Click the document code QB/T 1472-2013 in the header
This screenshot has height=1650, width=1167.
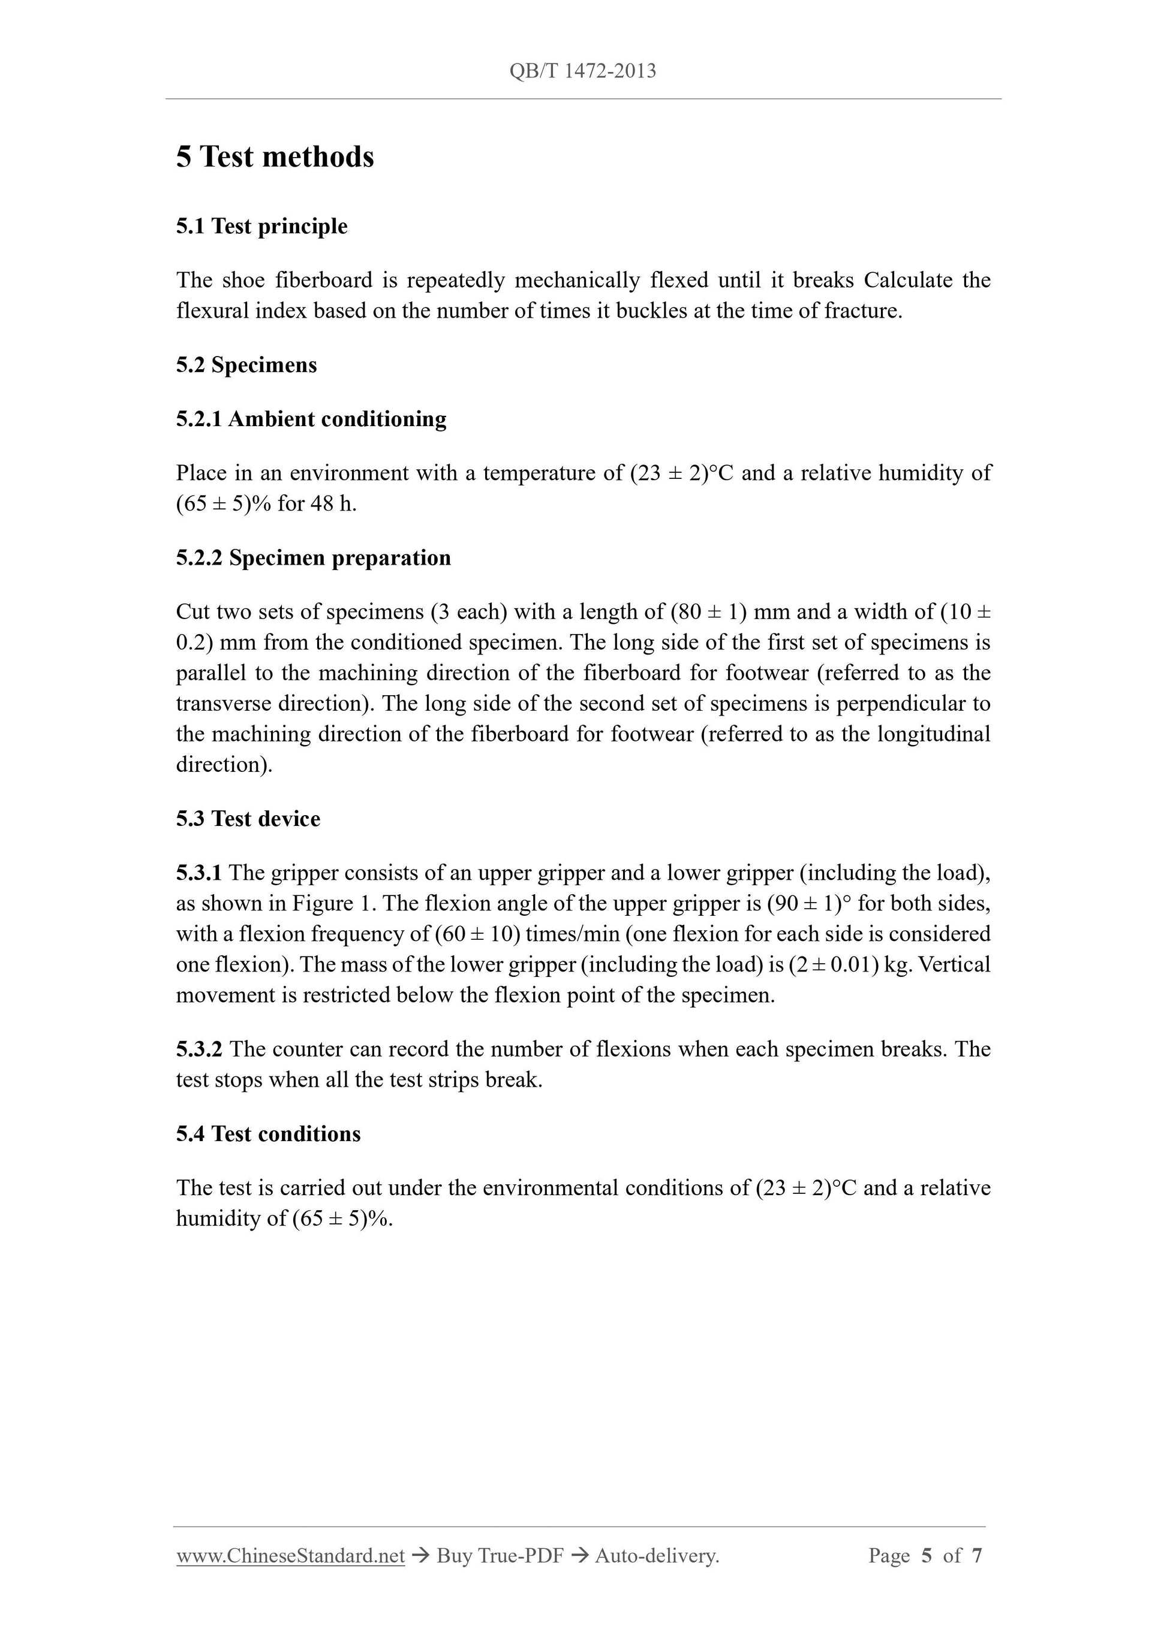click(x=582, y=71)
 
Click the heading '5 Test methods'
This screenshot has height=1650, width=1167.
click(x=275, y=156)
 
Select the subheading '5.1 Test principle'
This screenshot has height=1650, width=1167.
click(x=261, y=227)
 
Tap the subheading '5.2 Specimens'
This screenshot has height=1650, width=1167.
click(x=246, y=365)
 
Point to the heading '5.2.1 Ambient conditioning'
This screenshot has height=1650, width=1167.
click(x=311, y=419)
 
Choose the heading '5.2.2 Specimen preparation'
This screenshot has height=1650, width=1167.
click(x=313, y=557)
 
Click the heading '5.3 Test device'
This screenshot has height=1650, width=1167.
click(x=248, y=819)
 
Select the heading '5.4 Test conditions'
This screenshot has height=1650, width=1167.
click(x=268, y=1133)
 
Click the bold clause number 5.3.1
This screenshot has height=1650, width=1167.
click(x=198, y=873)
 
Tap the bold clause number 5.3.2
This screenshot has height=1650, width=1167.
click(x=199, y=1049)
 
